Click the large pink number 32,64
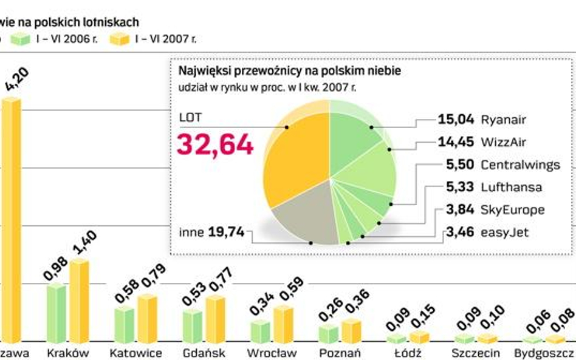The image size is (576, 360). click(214, 145)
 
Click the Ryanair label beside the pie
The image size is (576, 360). click(503, 120)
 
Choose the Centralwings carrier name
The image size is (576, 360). click(520, 165)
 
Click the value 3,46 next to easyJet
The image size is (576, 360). click(460, 231)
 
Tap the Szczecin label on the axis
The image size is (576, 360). click(476, 353)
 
